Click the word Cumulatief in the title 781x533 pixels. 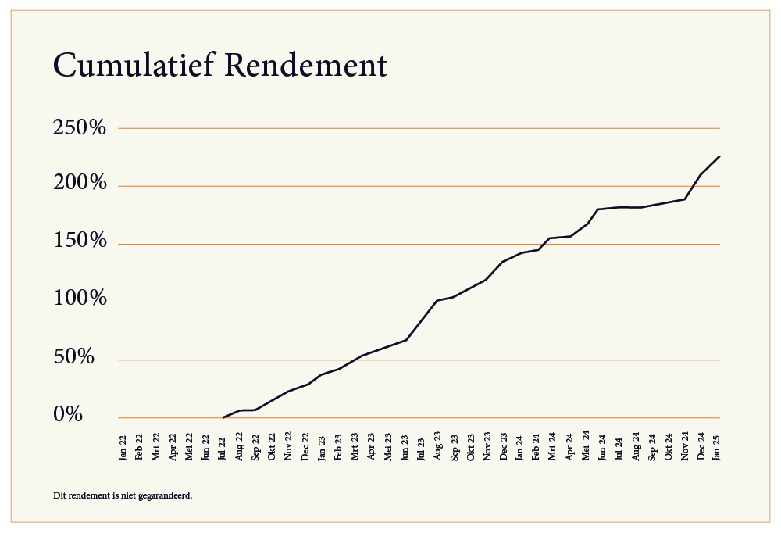tap(132, 66)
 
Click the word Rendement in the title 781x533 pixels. tap(305, 66)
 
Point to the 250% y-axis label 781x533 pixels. tap(80, 128)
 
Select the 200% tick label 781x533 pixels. tap(80, 186)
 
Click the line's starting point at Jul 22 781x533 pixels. tap(223, 417)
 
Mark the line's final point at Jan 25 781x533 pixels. tap(719, 156)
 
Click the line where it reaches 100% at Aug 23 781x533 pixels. tap(437, 301)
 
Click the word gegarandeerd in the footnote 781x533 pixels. tap(166, 495)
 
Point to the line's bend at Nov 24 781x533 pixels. tap(685, 199)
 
